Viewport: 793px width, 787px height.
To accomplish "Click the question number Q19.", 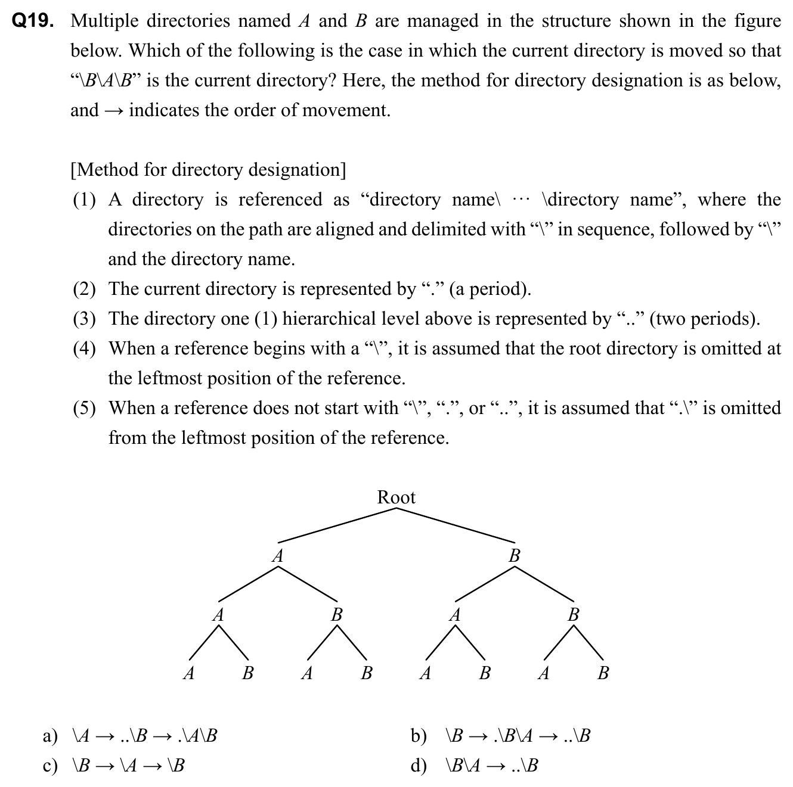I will click(x=33, y=21).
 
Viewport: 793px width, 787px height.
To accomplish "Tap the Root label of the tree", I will click(x=396, y=497).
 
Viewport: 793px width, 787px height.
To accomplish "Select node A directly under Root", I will click(x=277, y=556).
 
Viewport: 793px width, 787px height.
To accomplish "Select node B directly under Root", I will click(x=515, y=556).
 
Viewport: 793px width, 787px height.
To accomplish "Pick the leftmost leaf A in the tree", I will click(x=188, y=674).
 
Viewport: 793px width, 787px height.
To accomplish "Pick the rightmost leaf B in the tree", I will click(x=603, y=674).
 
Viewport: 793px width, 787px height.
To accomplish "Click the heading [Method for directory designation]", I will click(x=208, y=170).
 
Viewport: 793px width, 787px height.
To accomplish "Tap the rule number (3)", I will click(x=84, y=319).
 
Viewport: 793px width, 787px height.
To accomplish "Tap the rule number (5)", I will click(x=84, y=409).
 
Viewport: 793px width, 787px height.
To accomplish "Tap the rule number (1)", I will click(x=84, y=200).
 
